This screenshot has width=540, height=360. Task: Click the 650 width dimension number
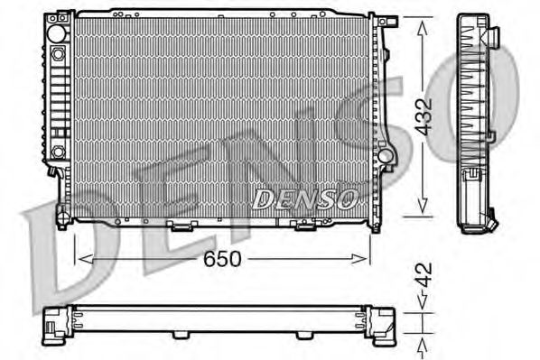[x=221, y=259]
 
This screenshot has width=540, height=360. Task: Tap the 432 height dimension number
[x=425, y=115]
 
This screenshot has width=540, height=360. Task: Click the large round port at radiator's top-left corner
[x=59, y=32]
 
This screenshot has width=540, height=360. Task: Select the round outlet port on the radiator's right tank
[x=386, y=155]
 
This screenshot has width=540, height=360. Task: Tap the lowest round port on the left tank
[x=59, y=152]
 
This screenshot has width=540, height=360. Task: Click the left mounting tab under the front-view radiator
[x=181, y=226]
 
